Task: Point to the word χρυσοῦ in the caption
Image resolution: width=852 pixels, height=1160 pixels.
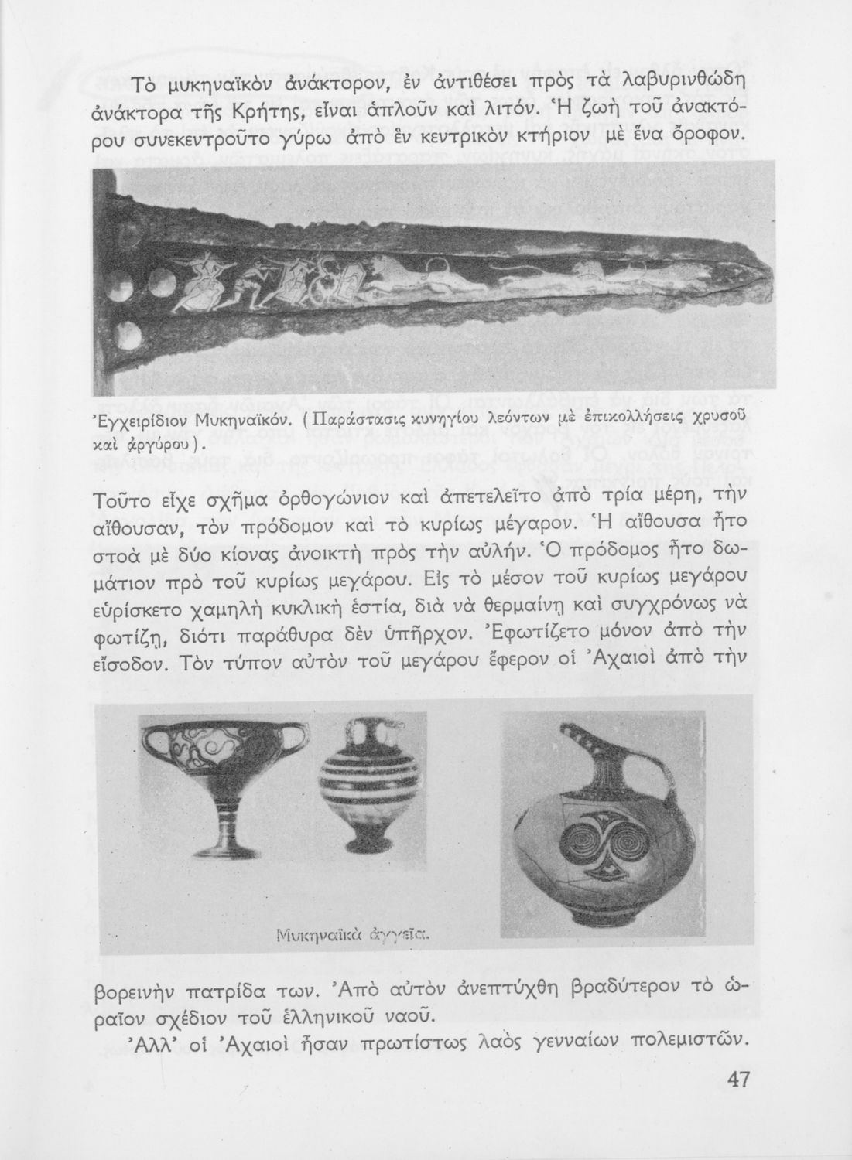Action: pyautogui.click(x=739, y=420)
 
